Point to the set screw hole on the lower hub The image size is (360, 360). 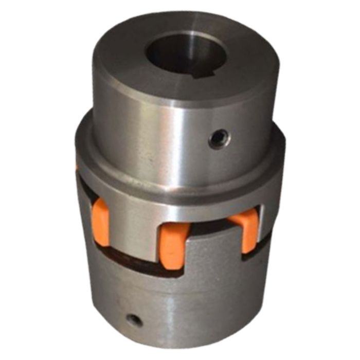coord(135,320)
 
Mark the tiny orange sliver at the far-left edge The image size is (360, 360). coord(77,167)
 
